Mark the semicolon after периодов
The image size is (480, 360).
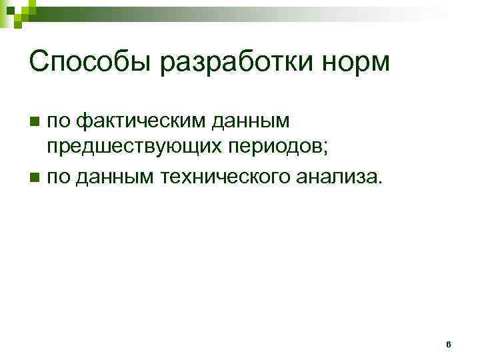click(x=325, y=150)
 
